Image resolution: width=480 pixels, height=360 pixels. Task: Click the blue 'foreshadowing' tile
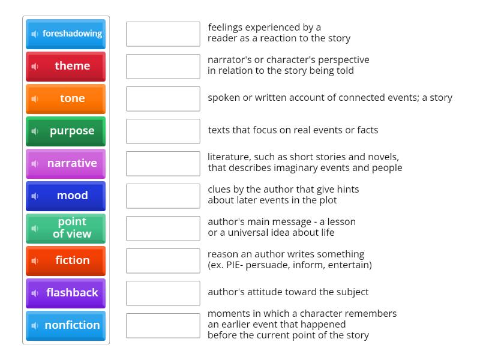coord(66,34)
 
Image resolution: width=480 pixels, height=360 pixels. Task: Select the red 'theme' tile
coord(66,66)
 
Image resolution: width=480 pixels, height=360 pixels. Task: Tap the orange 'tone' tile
coord(66,98)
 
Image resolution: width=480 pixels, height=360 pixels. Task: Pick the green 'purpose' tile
coord(66,131)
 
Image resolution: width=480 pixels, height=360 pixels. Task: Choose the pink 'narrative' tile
coord(66,163)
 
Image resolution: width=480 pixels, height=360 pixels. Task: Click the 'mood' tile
coord(66,196)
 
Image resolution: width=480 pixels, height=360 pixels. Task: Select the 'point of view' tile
coord(66,228)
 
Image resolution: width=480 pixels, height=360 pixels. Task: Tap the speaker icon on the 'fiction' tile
coord(35,260)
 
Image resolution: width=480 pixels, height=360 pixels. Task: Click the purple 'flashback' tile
coord(66,293)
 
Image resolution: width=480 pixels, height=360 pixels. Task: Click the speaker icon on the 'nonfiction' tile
coord(35,325)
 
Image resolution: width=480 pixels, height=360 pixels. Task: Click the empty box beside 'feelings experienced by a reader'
coord(163,34)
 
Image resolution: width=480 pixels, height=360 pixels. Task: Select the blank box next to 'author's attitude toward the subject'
coord(163,293)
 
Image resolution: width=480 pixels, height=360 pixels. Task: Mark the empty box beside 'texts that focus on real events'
coord(163,131)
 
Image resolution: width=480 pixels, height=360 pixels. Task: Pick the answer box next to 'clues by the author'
coord(163,196)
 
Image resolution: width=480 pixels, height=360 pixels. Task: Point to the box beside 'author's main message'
coord(163,228)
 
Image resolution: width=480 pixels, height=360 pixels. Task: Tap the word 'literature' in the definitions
coord(228,157)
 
